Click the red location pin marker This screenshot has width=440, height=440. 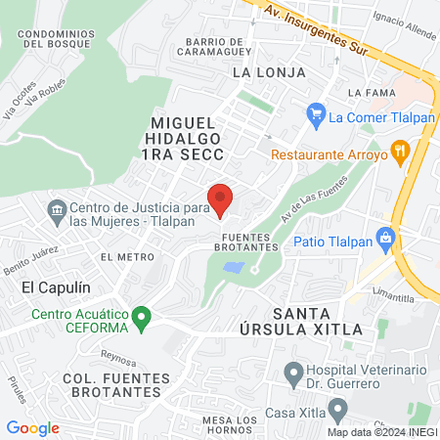click(x=221, y=198)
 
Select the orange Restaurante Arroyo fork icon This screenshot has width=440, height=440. click(x=399, y=152)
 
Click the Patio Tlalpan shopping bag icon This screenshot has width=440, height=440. click(x=386, y=237)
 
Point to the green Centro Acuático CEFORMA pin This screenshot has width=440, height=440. click(x=142, y=316)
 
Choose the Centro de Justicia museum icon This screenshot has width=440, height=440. click(x=57, y=208)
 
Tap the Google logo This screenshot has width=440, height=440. click(x=32, y=427)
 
